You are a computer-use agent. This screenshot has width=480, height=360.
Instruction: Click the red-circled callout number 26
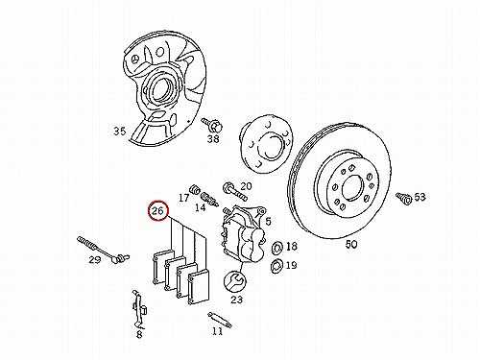tap(158, 211)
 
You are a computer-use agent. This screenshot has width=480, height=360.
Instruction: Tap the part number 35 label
tap(120, 131)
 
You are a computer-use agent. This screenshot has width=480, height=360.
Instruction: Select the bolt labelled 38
tap(212, 125)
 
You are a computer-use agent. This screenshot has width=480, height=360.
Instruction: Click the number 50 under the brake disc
tap(351, 245)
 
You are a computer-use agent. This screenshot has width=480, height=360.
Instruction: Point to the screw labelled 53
tap(404, 199)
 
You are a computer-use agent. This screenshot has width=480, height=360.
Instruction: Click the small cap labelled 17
tap(194, 189)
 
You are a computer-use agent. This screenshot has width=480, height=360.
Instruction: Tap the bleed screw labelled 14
tap(209, 199)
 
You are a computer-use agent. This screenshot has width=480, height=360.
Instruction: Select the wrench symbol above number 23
tap(235, 281)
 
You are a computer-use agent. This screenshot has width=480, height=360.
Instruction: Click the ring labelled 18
tap(276, 248)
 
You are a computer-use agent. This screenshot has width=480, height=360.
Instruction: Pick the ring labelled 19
tap(276, 266)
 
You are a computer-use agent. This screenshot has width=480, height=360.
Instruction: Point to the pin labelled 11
tap(220, 320)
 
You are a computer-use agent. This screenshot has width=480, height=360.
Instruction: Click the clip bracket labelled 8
tap(139, 310)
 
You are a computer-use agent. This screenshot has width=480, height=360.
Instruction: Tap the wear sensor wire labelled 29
tap(103, 250)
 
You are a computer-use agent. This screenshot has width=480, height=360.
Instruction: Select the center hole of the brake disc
tap(353, 188)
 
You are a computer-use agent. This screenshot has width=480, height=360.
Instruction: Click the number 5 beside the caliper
tap(268, 221)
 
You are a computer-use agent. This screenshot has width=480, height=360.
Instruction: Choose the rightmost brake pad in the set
tap(199, 287)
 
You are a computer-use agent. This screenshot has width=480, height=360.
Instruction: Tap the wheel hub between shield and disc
tap(267, 143)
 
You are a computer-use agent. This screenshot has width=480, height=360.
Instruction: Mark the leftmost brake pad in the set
tap(162, 266)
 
